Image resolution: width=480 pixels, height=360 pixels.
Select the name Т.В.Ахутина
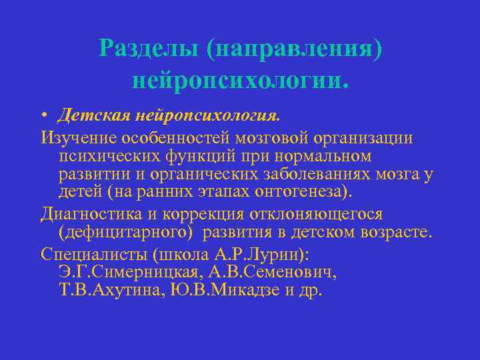[107, 291]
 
